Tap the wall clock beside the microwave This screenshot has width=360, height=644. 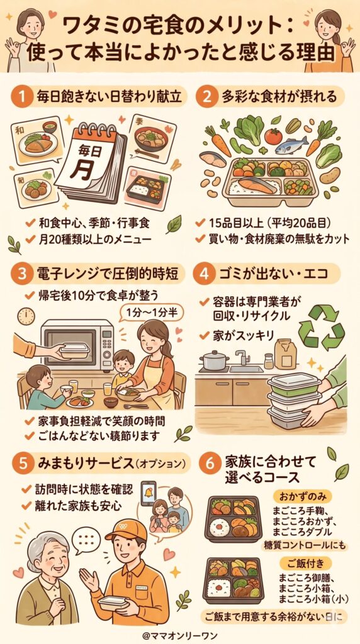coord(26,316)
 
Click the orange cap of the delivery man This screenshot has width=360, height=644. coord(125,530)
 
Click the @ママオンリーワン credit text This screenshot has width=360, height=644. coord(180,634)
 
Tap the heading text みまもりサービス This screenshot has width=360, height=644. coord(72,463)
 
